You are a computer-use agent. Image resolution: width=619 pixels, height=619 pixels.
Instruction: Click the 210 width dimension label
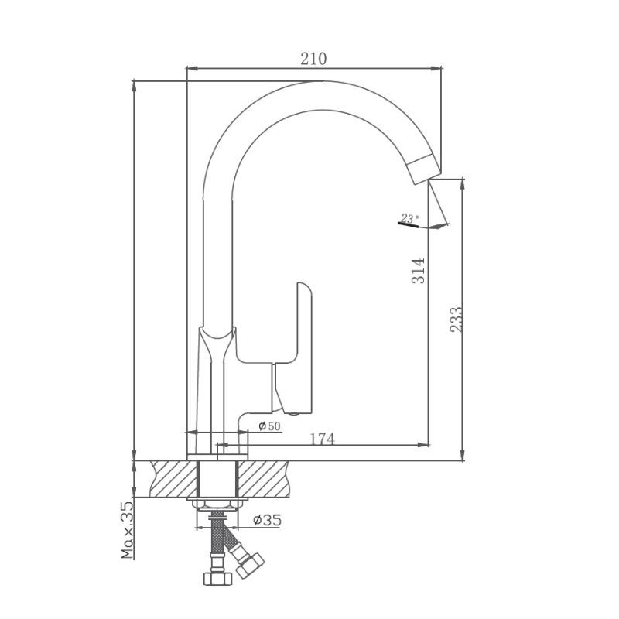(x=313, y=59)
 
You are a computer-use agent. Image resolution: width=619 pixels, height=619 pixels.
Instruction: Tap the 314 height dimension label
(x=419, y=270)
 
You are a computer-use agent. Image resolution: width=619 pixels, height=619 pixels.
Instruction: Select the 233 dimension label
(x=457, y=320)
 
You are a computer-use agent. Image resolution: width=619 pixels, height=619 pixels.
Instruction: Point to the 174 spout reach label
(x=322, y=439)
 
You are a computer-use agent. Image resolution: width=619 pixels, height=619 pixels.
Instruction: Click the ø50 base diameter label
(x=269, y=426)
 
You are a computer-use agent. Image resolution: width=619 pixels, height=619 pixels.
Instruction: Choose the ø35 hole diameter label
(x=267, y=520)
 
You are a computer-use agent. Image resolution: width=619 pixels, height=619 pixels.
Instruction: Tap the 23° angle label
(x=410, y=218)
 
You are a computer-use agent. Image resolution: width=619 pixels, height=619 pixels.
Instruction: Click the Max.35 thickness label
(x=127, y=530)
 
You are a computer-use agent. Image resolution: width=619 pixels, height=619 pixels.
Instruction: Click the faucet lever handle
(x=292, y=347)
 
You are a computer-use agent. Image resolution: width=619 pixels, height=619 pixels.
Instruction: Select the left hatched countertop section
(x=173, y=479)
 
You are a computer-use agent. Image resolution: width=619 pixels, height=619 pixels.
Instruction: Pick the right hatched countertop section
(x=264, y=479)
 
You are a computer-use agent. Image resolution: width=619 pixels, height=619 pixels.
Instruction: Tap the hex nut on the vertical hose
(x=217, y=578)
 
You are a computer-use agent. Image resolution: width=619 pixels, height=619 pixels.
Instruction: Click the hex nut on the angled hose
(x=250, y=566)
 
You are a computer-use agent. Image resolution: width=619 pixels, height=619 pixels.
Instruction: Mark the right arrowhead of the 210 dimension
(x=436, y=69)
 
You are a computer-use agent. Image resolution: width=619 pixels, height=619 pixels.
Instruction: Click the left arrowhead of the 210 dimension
(x=192, y=69)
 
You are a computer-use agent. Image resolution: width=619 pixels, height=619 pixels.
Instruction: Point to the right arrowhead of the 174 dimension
(x=423, y=446)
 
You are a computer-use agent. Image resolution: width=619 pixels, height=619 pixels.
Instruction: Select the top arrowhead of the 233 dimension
(x=462, y=185)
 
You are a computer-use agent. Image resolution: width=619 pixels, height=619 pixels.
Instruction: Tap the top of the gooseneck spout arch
(x=322, y=82)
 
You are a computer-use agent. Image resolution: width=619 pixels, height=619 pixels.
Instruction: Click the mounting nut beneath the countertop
(x=217, y=504)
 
